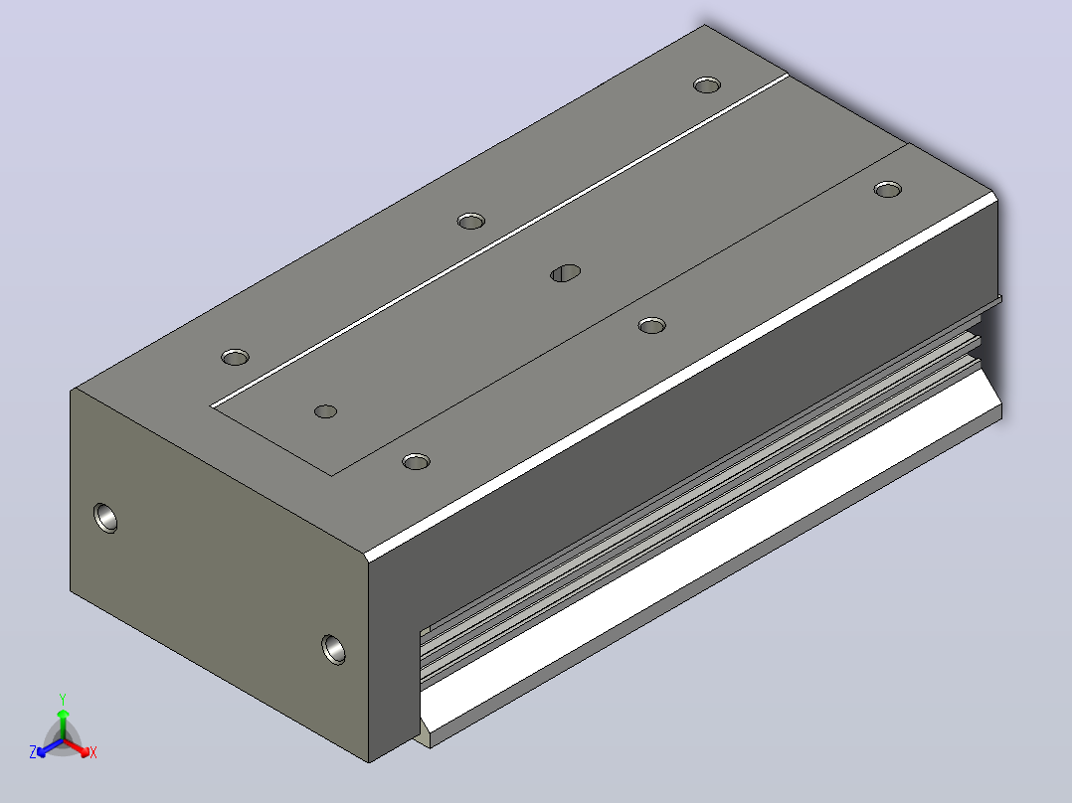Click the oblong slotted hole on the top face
(x=566, y=273)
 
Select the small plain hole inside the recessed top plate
(x=325, y=411)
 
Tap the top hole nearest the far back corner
(x=707, y=84)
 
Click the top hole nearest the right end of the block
(x=887, y=189)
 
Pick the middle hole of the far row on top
(x=471, y=221)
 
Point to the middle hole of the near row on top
(x=651, y=325)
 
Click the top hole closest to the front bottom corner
(x=417, y=461)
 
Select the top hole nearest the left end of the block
(x=235, y=357)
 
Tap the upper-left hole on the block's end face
(x=105, y=518)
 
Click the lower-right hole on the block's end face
(x=334, y=649)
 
